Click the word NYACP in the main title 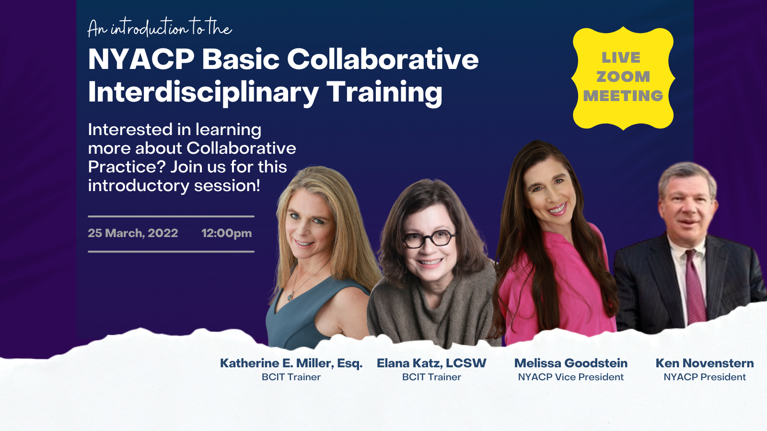141,59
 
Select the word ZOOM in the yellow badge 623,77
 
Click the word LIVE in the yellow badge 621,57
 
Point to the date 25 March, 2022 133,233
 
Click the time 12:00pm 227,233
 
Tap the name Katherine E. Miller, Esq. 291,363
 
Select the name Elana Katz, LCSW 431,363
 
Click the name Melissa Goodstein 571,363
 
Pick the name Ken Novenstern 705,363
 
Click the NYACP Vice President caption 571,377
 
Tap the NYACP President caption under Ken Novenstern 705,377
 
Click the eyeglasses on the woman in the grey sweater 429,238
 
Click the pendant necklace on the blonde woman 291,296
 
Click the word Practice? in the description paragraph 127,167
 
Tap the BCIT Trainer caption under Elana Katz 431,377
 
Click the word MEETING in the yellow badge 623,96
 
